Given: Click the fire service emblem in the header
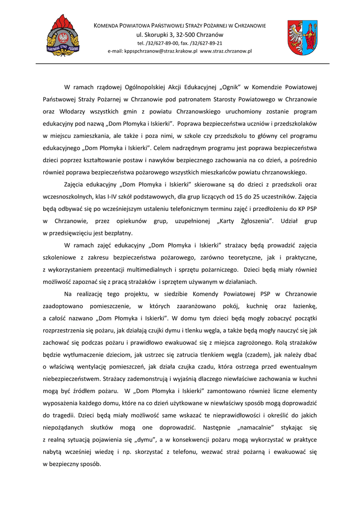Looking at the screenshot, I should pos(63,36).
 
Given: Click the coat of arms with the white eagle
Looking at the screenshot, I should pos(302,38).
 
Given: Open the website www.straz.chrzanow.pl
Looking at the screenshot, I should pos(226,51).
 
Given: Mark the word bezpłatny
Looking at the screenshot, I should pos(120,233).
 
